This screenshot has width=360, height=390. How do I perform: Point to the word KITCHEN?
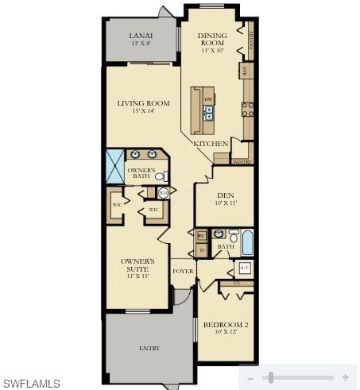click(x=211, y=143)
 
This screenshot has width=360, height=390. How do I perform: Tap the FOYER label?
click(x=183, y=271)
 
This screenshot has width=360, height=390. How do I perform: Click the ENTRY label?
click(x=149, y=348)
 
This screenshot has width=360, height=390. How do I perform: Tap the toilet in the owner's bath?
click(x=160, y=176)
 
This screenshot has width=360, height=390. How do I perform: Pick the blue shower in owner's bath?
click(x=115, y=166)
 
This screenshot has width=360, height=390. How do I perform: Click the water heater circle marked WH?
click(x=163, y=192)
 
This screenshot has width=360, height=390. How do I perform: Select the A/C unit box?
click(x=244, y=267)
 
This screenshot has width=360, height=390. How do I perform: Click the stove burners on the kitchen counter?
click(x=247, y=110)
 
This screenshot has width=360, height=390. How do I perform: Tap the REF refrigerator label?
click(x=245, y=71)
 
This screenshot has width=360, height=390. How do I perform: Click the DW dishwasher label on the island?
click(x=208, y=99)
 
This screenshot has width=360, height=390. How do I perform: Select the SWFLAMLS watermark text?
click(x=31, y=384)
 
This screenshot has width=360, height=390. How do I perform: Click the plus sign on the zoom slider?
click(x=345, y=377)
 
